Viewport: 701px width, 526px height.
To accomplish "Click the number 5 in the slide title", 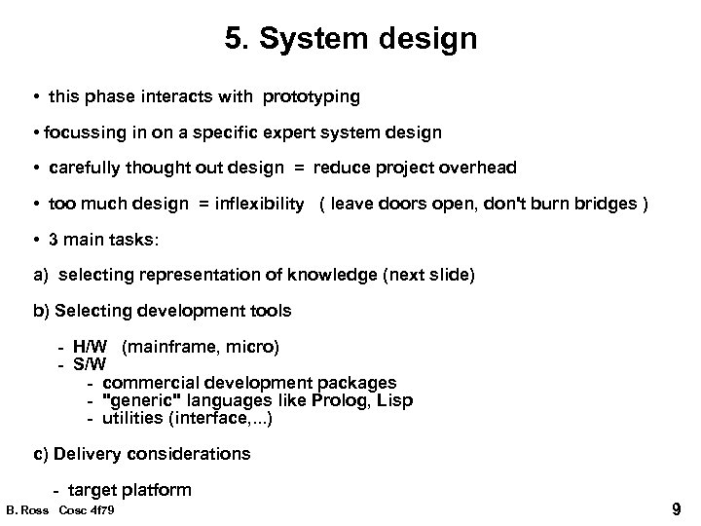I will click(234, 40).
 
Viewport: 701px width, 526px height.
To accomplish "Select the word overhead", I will click(478, 167).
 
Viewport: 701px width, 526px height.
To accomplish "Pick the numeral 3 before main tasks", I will click(58, 241).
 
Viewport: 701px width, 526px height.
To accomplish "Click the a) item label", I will click(41, 276).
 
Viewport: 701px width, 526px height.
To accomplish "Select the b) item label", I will click(42, 311).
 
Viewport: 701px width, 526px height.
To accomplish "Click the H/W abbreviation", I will click(92, 346).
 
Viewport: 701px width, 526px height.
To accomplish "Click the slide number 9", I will click(677, 508).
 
